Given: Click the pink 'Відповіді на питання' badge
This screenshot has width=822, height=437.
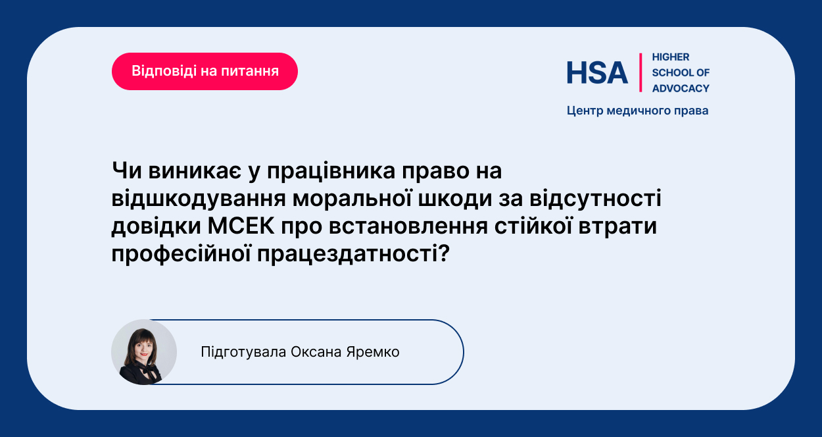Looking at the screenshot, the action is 205,71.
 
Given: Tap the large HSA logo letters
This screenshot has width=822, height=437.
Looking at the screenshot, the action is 597,72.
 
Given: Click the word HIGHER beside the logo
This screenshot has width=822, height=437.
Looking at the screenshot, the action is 671,57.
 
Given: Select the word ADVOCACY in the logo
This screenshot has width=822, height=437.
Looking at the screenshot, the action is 681,88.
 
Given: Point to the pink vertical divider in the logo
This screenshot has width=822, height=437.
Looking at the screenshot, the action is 641,72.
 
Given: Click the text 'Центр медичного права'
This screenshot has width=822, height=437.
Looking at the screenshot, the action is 637,111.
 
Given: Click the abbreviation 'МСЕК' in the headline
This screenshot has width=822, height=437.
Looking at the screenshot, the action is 241,226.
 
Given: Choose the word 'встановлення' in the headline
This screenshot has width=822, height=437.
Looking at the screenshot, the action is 408,226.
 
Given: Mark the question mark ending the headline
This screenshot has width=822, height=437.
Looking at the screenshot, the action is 444,253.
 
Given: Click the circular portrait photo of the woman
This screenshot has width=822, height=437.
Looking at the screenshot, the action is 144,352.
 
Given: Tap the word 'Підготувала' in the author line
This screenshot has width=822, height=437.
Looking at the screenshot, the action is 243,352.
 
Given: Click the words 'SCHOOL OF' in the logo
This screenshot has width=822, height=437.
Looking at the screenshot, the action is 681,72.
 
